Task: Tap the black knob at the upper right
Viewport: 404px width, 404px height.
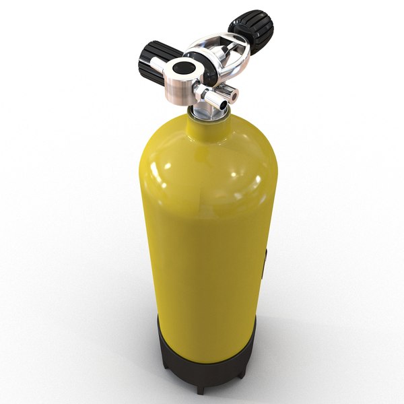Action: coord(250,28)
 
